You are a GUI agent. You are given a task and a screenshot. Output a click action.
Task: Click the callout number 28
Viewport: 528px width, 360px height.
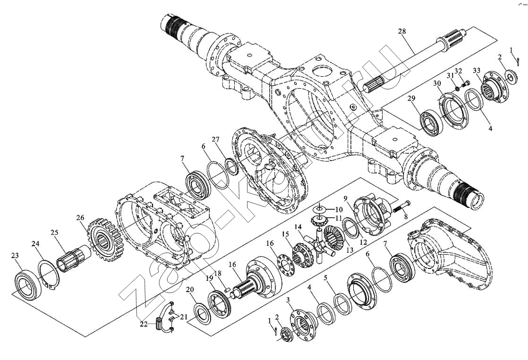pos(402,32)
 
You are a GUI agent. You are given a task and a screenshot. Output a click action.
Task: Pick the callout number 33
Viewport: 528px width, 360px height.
pos(476,71)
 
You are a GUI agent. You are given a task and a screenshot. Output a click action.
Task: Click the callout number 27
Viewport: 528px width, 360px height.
pos(216,139)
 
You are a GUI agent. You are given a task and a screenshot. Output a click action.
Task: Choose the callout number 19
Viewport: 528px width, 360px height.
pos(210,278)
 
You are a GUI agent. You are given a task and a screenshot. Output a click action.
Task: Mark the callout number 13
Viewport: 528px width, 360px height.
pos(350,250)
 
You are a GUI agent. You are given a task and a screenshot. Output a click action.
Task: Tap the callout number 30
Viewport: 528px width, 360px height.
pos(437,83)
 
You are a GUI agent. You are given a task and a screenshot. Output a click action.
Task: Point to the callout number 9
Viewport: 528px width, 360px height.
pos(345,197)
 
